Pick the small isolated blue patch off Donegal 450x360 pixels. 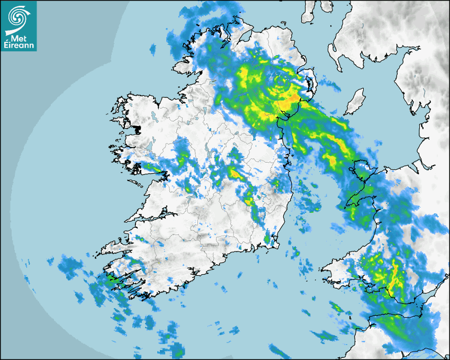pyautogui.click(x=153, y=50)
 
